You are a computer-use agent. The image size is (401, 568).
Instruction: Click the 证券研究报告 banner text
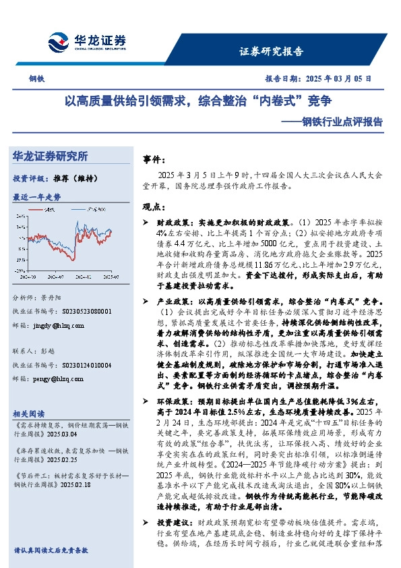tap(272, 51)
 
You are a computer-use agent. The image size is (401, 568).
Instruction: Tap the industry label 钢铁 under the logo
tap(37, 78)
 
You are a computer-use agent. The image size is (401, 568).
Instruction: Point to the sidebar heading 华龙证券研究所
tap(51, 157)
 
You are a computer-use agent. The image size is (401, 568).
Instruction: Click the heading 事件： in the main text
tap(154, 160)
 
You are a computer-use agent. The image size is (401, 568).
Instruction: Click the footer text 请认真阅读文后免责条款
tap(51, 550)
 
